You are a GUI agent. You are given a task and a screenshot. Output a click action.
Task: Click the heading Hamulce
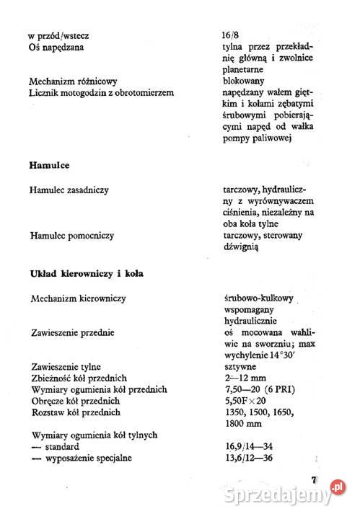click(48, 166)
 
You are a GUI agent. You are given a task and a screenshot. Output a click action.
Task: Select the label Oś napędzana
click(56, 47)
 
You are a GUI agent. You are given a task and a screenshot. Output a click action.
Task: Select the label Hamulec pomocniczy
click(72, 235)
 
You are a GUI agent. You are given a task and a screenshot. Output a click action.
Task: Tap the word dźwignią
click(242, 247)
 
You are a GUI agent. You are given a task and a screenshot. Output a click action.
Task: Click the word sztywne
click(240, 366)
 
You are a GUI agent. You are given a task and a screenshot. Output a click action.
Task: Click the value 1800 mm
click(243, 423)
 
